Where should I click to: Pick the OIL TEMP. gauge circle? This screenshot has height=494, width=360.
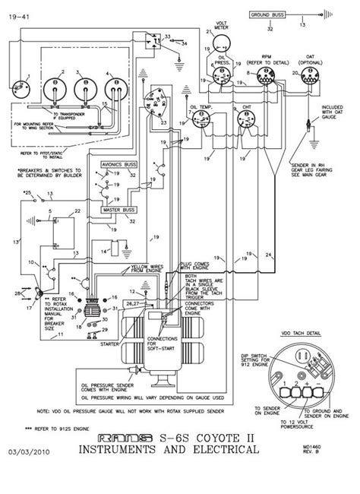click(x=204, y=121)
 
